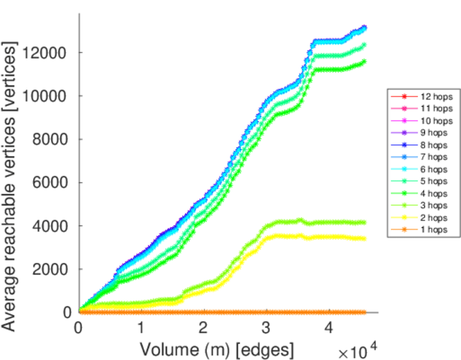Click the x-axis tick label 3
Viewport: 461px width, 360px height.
click(266, 329)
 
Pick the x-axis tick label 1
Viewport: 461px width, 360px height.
click(141, 329)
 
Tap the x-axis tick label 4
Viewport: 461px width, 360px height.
click(328, 329)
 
